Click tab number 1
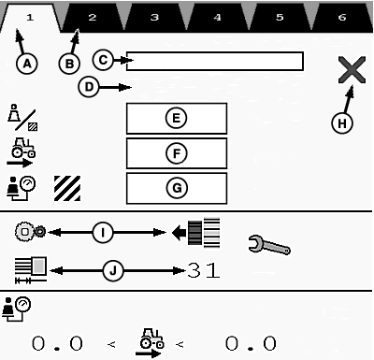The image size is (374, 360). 30,18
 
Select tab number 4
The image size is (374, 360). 217,18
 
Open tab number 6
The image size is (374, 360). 342,18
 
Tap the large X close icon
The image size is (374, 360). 352,70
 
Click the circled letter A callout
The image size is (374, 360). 27,64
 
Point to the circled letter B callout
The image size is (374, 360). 69,64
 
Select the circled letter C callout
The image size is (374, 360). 103,60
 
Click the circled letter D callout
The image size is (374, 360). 89,87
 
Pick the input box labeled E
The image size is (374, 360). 177,119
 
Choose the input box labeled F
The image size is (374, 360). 177,153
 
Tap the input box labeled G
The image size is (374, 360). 177,188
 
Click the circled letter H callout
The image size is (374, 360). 342,123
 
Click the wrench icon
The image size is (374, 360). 269,245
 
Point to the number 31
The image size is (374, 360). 204,270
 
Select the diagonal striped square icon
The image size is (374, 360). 67,188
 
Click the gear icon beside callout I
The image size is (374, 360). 30,231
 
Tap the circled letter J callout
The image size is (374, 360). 113,270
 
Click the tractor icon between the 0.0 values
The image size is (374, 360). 151,342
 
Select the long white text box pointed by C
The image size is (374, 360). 215,62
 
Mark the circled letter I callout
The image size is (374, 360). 103,232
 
